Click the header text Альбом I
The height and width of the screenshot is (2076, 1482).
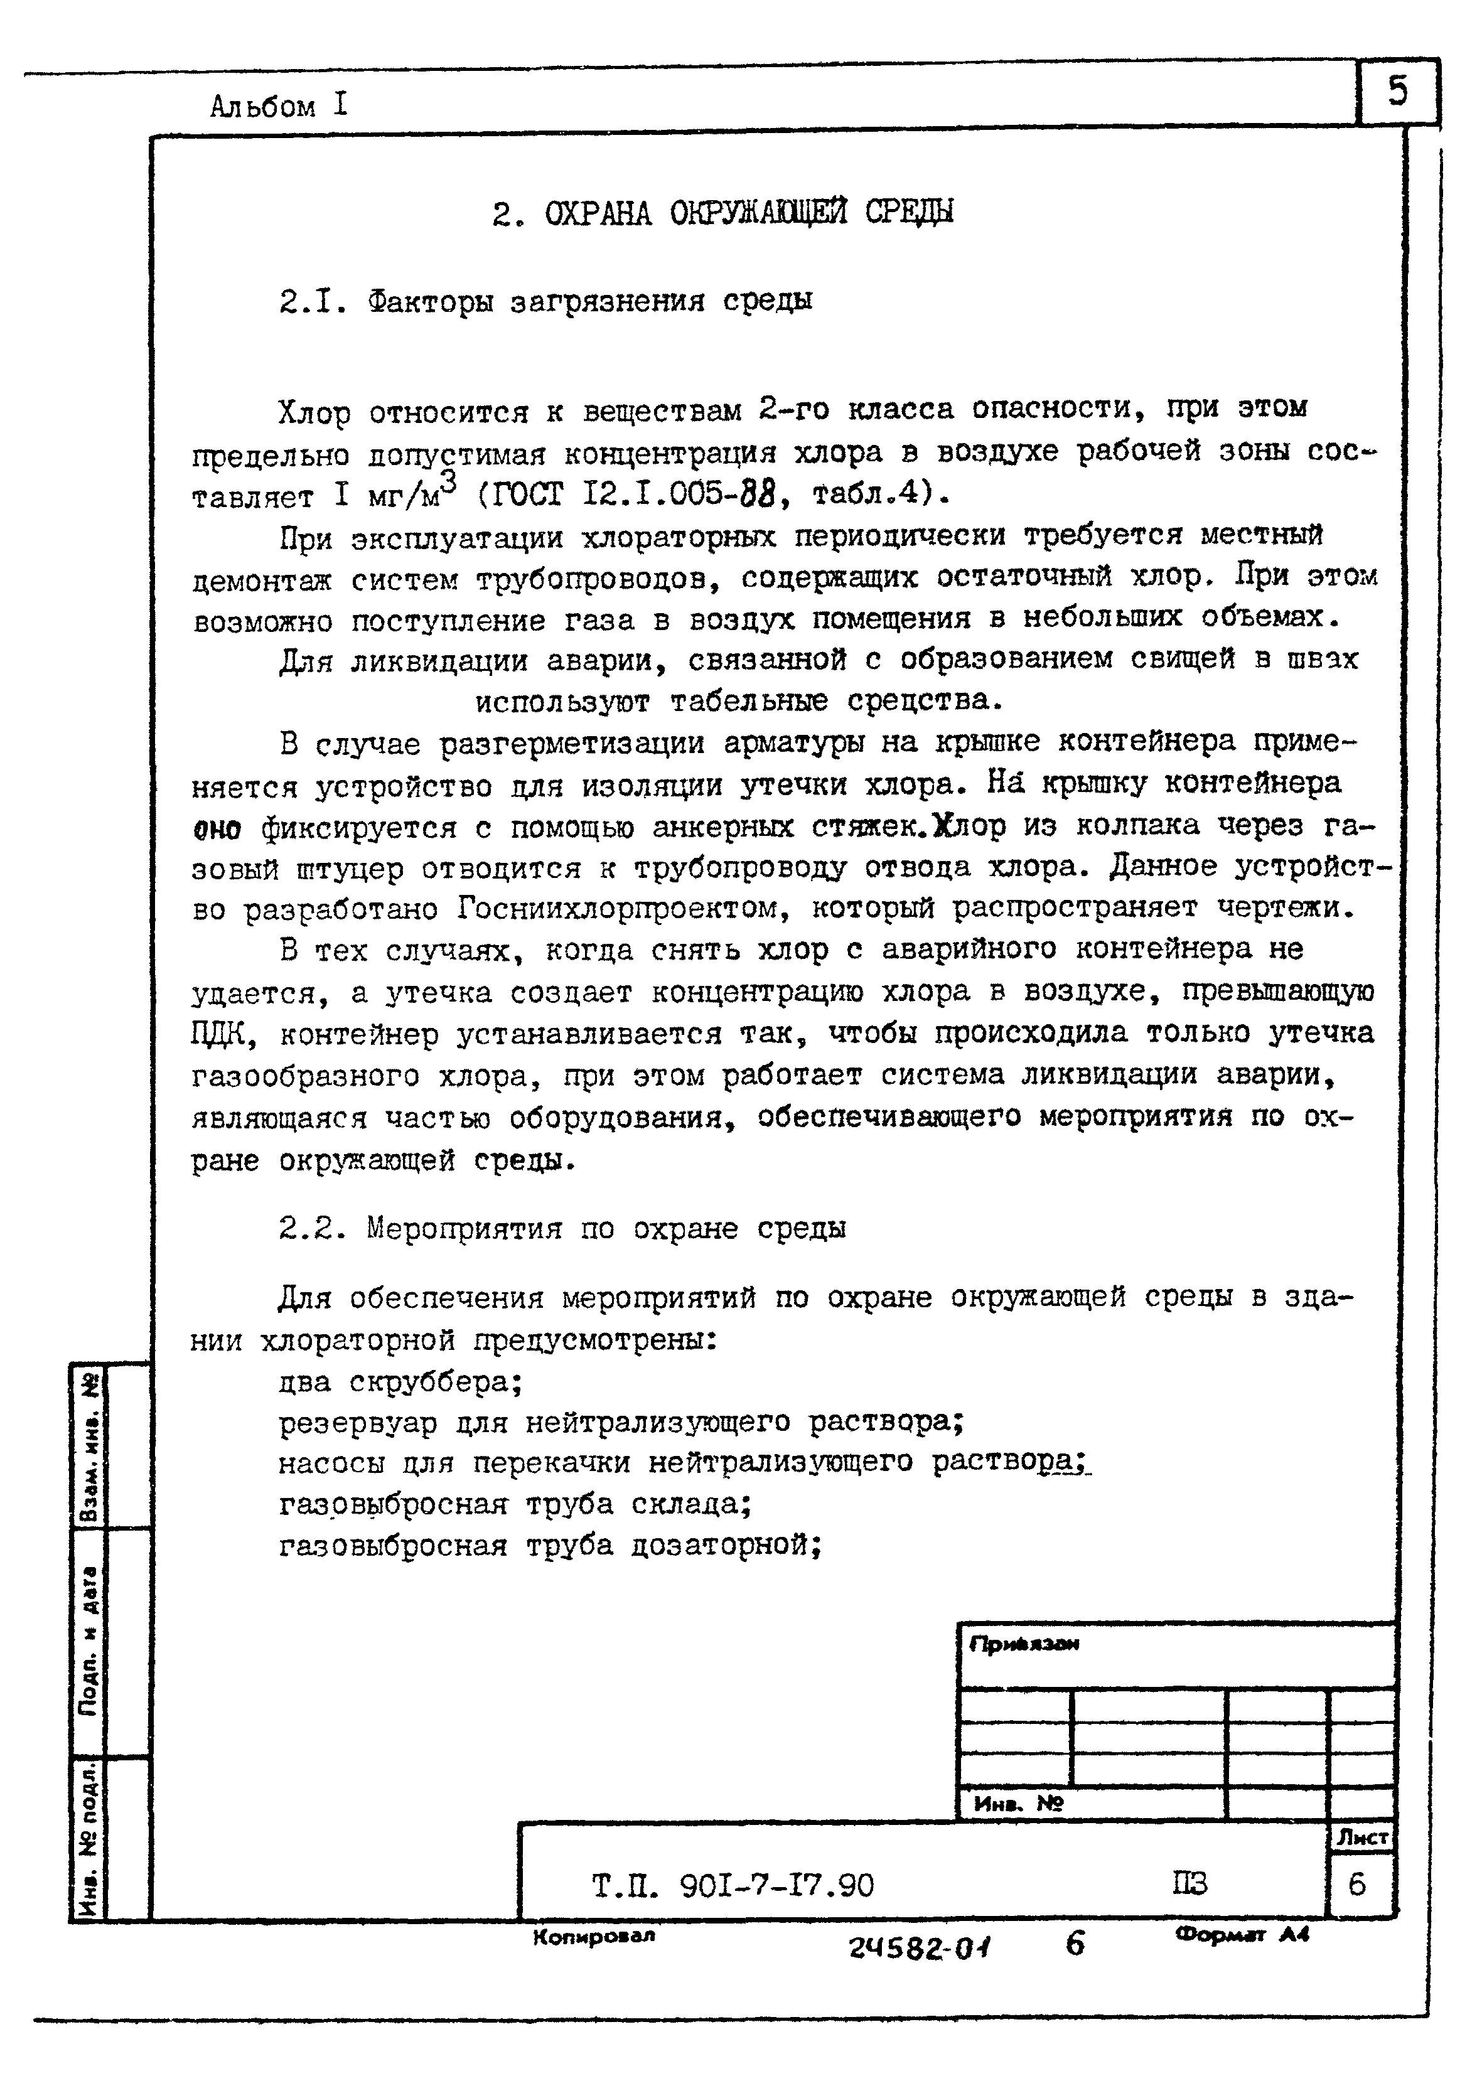pyautogui.click(x=278, y=107)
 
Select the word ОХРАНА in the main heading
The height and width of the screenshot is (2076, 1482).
pyautogui.click(x=598, y=213)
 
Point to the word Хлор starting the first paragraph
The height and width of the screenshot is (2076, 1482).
pyautogui.click(x=314, y=413)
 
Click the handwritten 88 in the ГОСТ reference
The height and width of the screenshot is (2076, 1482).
pyautogui.click(x=756, y=495)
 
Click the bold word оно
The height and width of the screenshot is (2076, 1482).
pyautogui.click(x=217, y=828)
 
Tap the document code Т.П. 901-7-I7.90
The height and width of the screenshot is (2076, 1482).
pyautogui.click(x=733, y=1885)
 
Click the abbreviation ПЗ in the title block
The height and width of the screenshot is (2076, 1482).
pyautogui.click(x=1189, y=1883)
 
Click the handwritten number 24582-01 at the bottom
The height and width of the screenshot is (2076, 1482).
pyautogui.click(x=920, y=1949)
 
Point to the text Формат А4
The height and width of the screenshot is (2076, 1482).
pyautogui.click(x=1242, y=1935)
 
